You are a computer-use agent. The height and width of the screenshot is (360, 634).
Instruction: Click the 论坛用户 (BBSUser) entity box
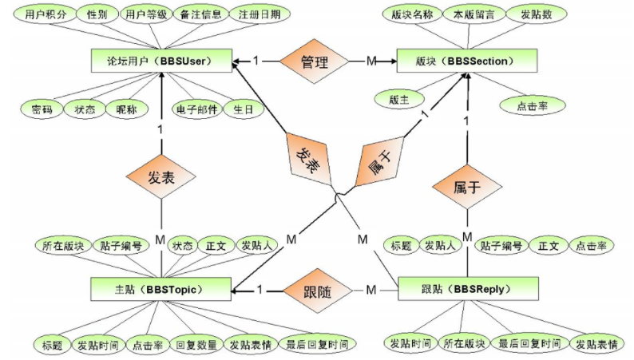pos(161,61)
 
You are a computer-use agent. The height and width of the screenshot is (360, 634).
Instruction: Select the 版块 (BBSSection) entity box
pos(467,61)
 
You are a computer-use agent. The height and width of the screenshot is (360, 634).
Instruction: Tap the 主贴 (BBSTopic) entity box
pos(161,289)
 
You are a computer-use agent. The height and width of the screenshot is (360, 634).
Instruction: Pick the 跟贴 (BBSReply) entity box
pos(468,288)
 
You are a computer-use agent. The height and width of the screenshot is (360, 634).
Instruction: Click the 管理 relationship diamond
pos(314,61)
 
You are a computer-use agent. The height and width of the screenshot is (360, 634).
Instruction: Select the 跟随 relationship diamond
pos(318,291)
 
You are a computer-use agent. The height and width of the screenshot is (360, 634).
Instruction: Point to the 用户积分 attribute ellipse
pos(46,14)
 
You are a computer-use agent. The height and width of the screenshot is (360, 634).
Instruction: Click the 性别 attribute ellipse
pos(97,14)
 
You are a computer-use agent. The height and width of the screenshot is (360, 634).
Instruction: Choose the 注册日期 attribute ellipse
pos(260,14)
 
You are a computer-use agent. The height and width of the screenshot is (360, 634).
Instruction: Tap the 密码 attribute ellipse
pos(42,109)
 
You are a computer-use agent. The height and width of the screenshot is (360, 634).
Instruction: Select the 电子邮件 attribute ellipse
pos(197,109)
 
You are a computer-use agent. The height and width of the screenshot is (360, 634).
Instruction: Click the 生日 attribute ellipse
pos(244,109)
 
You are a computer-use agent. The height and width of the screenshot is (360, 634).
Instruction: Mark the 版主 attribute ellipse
pos(399,99)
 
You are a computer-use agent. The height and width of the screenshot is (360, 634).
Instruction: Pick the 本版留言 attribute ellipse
pos(474,14)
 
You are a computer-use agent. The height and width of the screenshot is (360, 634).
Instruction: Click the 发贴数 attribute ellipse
pos(536,14)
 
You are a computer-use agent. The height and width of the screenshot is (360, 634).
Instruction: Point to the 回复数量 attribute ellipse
pos(196,345)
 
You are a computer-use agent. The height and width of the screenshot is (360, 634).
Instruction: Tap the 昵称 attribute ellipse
pos(127,109)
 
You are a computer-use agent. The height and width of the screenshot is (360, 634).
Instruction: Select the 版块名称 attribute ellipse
pos(413,14)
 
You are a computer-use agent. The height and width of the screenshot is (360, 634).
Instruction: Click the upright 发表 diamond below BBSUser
pos(161,177)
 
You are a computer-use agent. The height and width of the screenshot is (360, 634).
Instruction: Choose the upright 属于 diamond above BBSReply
pos(467,187)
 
